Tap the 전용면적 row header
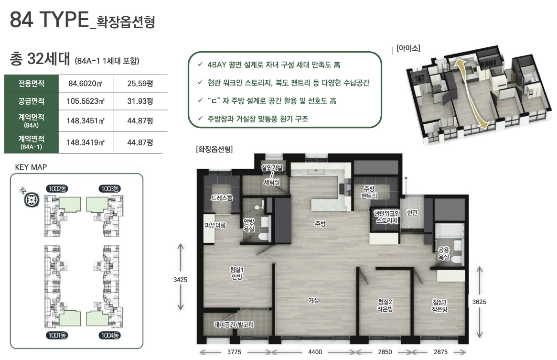coord(32,83)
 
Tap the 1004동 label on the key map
coord(109,335)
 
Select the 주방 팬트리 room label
coord(369,192)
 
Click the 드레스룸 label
coord(222,197)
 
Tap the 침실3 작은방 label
coord(439,305)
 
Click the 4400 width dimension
coord(315,352)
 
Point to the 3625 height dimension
coord(479,302)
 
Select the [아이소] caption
coord(408,47)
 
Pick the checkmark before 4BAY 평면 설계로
coord(201,65)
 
